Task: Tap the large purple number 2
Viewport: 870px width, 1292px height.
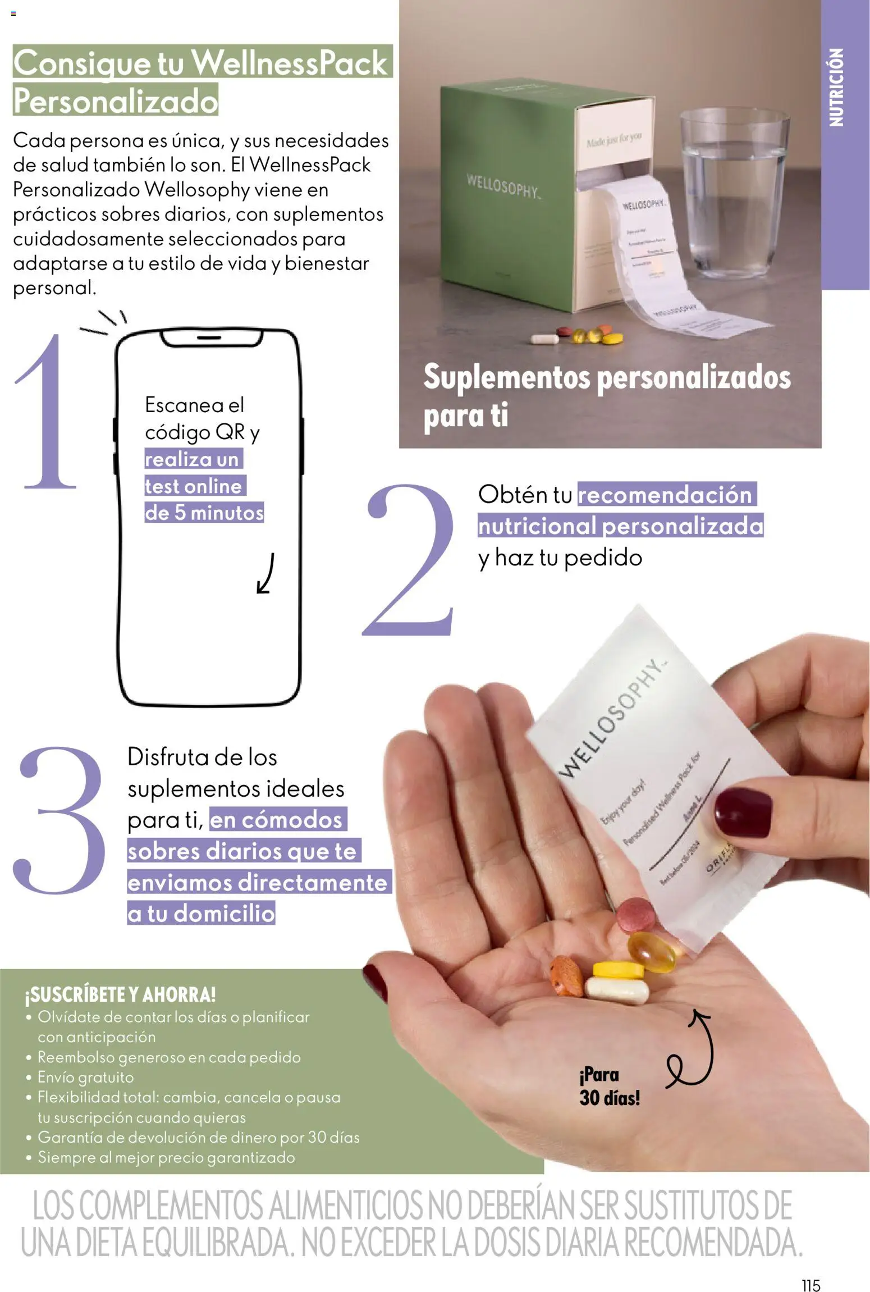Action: point(410,561)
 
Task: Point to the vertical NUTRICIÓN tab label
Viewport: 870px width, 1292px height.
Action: point(836,87)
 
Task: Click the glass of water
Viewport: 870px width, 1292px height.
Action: point(733,191)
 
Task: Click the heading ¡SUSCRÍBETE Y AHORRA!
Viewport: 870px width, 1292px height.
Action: point(120,994)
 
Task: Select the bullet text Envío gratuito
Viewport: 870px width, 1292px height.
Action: point(85,1077)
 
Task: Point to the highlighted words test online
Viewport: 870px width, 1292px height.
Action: point(194,486)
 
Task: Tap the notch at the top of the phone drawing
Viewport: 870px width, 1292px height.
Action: point(211,338)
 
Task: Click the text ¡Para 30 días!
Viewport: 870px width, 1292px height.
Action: point(609,1086)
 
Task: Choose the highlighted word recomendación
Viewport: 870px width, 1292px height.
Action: point(665,495)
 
